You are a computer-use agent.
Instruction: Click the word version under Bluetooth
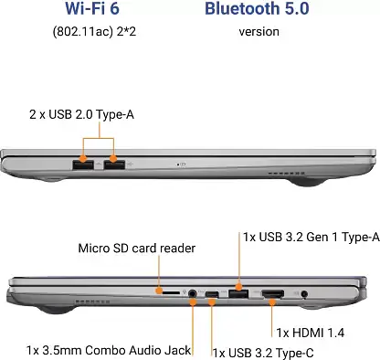[259, 32]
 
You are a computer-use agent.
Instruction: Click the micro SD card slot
[171, 293]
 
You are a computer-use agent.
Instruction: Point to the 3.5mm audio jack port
[192, 293]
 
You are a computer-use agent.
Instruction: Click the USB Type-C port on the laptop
[213, 293]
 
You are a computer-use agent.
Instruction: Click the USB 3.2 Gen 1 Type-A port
[239, 293]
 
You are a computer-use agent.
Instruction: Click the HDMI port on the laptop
[273, 293]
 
